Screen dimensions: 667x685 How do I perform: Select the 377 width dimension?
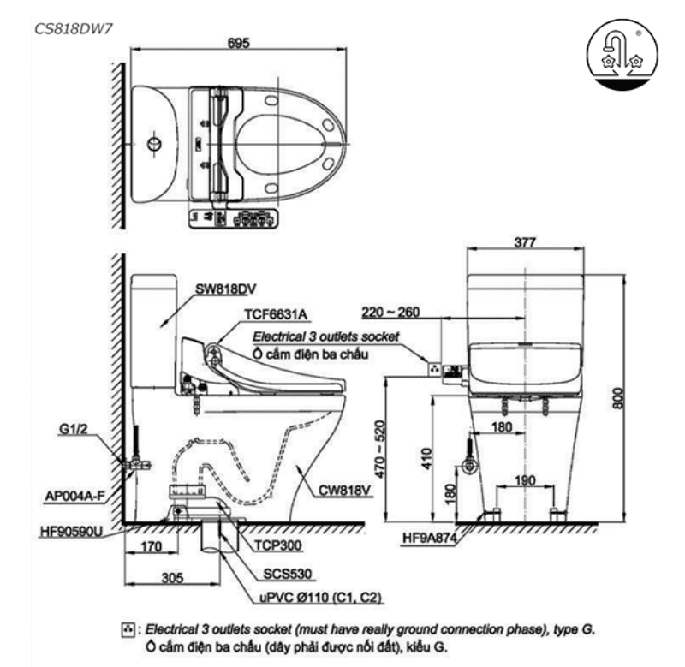point(525,243)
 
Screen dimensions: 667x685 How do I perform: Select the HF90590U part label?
point(71,531)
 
